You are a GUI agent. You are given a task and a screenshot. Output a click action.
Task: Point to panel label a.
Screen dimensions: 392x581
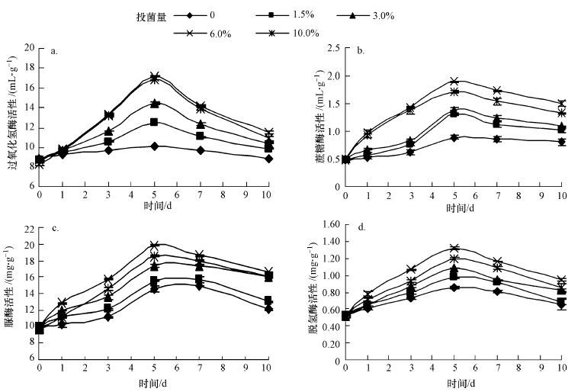(x=54, y=52)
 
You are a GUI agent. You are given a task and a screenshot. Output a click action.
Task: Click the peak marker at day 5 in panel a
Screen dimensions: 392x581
(x=154, y=77)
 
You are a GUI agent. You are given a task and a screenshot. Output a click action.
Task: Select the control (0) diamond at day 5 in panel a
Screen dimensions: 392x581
(x=154, y=146)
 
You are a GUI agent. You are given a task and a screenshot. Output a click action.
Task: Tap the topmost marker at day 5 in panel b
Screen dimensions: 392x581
(x=454, y=81)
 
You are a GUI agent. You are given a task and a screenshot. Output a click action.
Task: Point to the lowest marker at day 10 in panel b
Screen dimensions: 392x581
(x=562, y=142)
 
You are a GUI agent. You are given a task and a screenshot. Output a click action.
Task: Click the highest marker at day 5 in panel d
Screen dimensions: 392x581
(x=454, y=249)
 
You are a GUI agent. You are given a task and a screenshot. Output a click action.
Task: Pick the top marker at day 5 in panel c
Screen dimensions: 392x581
(x=154, y=246)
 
